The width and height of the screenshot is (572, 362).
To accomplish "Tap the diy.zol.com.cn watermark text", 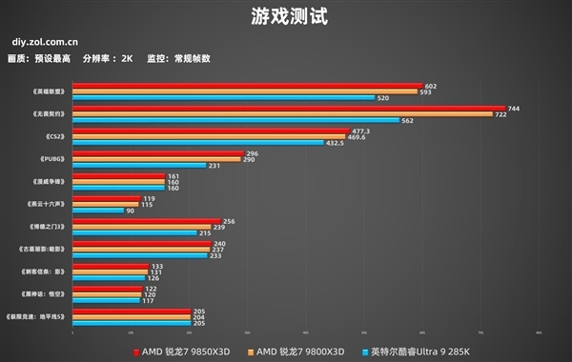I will pos(46,42).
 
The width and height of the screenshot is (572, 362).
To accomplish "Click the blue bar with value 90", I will pos(97,211).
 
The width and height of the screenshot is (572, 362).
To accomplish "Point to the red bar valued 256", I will pos(146,221).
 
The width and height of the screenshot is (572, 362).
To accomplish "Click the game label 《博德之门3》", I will pos(45,227).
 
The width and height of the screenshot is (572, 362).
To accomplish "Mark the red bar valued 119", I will pos(106,198).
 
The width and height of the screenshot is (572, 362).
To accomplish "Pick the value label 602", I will pos(431,86).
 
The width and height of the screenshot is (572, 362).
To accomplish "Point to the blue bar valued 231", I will pos(139,166).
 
